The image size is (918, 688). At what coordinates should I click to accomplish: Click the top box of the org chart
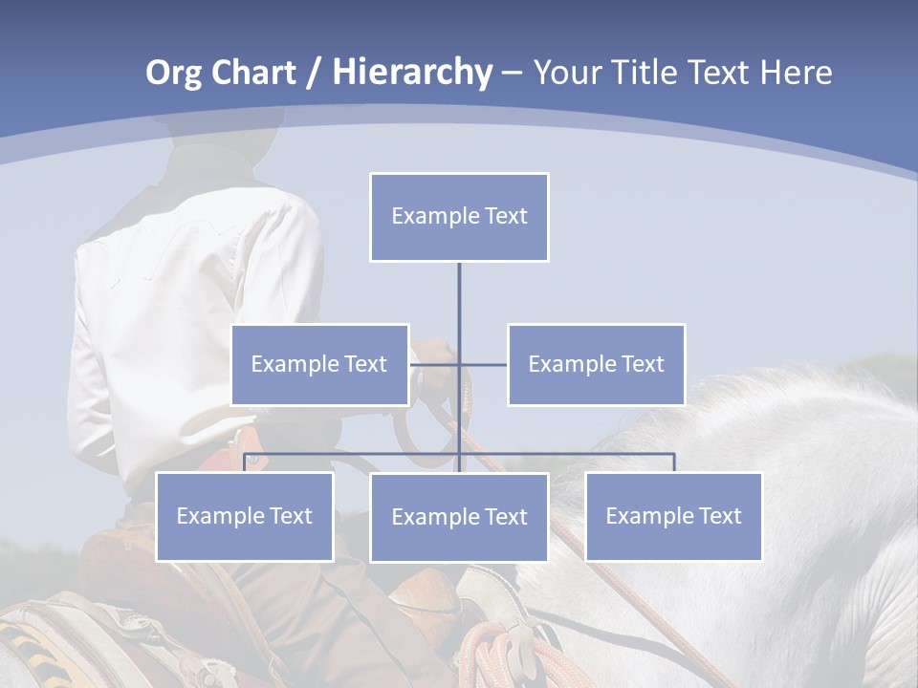click(459, 217)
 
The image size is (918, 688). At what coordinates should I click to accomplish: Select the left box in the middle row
click(319, 364)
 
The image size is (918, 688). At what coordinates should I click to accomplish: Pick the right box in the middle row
click(596, 364)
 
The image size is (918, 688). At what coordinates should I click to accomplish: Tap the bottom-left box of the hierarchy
click(244, 516)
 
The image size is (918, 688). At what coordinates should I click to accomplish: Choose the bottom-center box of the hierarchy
click(459, 517)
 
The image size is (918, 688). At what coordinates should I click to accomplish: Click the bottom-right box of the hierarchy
click(673, 516)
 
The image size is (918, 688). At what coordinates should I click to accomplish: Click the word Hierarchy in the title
click(412, 73)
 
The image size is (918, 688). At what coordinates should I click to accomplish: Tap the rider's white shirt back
click(191, 315)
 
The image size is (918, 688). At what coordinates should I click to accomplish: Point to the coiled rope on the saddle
click(497, 650)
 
